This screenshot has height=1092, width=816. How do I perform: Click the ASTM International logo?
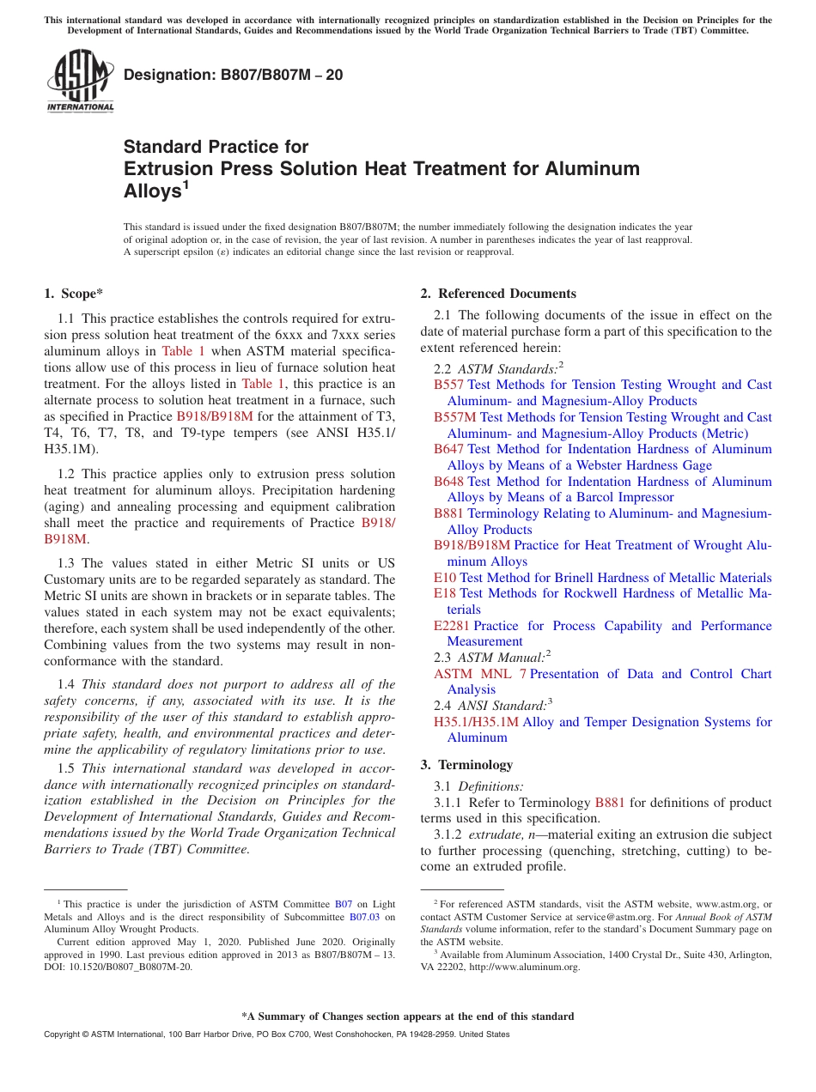(x=80, y=82)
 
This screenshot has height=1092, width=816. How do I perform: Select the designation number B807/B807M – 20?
(x=233, y=75)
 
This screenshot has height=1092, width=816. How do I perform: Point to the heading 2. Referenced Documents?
(x=498, y=294)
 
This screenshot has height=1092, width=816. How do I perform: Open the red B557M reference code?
(x=454, y=417)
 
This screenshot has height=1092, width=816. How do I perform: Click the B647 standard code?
(x=448, y=449)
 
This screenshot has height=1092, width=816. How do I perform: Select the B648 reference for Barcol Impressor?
(x=448, y=482)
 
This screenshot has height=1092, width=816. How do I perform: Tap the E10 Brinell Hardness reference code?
(x=445, y=578)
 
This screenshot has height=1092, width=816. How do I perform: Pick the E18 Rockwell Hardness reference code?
(x=445, y=593)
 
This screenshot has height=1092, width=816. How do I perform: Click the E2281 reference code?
(x=451, y=626)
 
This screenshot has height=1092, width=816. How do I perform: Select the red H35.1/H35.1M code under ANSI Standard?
(x=476, y=722)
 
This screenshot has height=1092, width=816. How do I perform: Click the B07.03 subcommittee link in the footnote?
(x=363, y=916)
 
